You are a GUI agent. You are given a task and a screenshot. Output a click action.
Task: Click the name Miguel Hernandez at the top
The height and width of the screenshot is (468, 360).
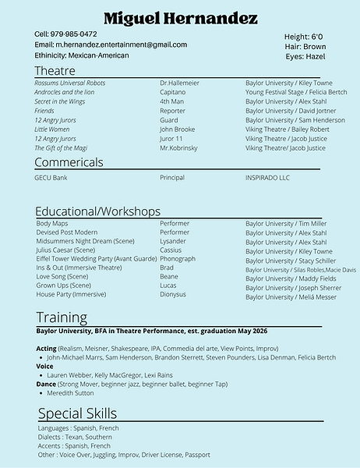coord(180,18)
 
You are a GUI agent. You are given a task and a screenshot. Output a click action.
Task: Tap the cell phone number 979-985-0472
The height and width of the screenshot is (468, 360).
coord(76,34)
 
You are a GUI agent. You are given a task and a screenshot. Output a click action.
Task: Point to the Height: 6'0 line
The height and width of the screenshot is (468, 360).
coord(304,37)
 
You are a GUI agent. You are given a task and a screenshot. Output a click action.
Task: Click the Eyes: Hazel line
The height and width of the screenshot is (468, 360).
coord(305,57)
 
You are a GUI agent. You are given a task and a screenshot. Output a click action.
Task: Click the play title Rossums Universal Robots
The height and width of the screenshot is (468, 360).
coord(70,83)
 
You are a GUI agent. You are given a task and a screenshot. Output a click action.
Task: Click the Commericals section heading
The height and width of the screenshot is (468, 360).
coord(69,162)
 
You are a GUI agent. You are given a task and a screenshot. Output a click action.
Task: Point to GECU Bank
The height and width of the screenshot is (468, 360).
coord(51,178)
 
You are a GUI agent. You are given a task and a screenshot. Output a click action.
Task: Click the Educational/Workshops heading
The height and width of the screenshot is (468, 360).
coord(98,211)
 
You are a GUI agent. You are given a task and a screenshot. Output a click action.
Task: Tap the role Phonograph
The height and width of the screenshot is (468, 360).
coord(178,259)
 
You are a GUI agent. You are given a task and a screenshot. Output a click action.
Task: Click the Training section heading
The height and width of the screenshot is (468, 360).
coord(62,317)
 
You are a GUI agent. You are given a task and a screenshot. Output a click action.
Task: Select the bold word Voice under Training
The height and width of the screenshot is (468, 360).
coord(44,366)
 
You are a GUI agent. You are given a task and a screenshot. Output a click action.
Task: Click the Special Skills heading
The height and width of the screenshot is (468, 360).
coord(77,413)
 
